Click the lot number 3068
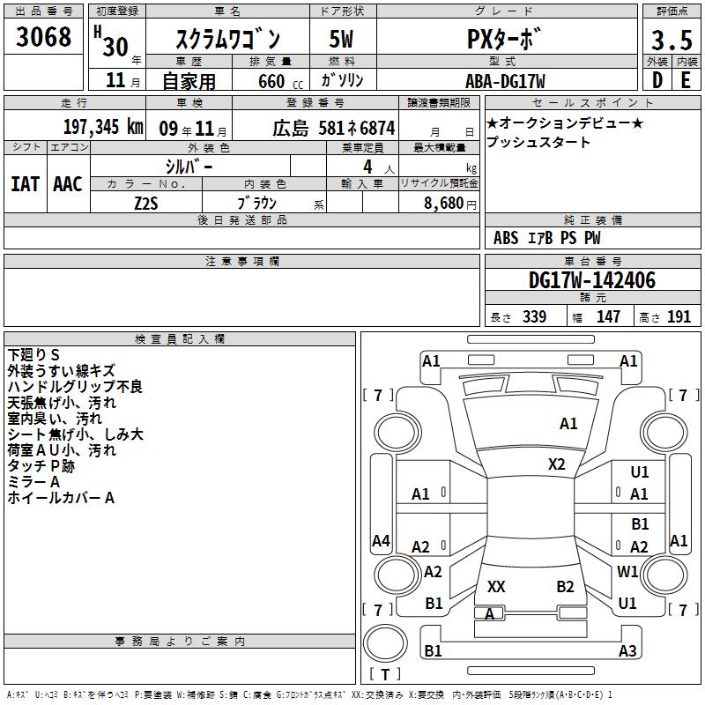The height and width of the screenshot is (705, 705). (x=43, y=37)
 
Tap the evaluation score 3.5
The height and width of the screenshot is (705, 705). (x=672, y=41)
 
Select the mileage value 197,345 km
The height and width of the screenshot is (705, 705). (x=103, y=127)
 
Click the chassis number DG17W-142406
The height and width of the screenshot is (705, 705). (x=592, y=280)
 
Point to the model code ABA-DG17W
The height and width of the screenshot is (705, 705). (x=505, y=81)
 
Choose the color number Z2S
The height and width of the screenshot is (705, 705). (x=146, y=204)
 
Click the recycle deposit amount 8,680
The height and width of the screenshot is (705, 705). (x=444, y=204)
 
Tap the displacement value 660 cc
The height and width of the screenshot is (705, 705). (x=280, y=82)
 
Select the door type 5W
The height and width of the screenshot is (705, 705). (x=341, y=39)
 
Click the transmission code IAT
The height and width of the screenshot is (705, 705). (x=26, y=184)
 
